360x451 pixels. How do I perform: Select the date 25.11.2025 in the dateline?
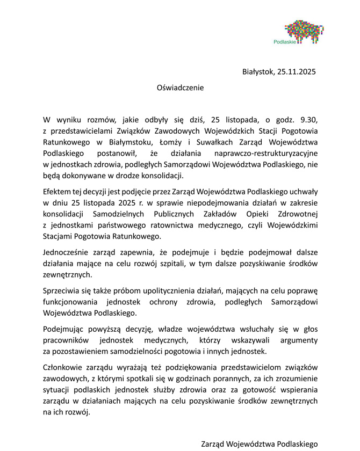tap(294, 71)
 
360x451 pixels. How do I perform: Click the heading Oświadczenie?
tap(181, 86)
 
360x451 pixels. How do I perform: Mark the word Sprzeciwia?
tap(61, 290)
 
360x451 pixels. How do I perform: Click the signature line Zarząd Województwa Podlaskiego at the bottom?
tap(260, 444)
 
